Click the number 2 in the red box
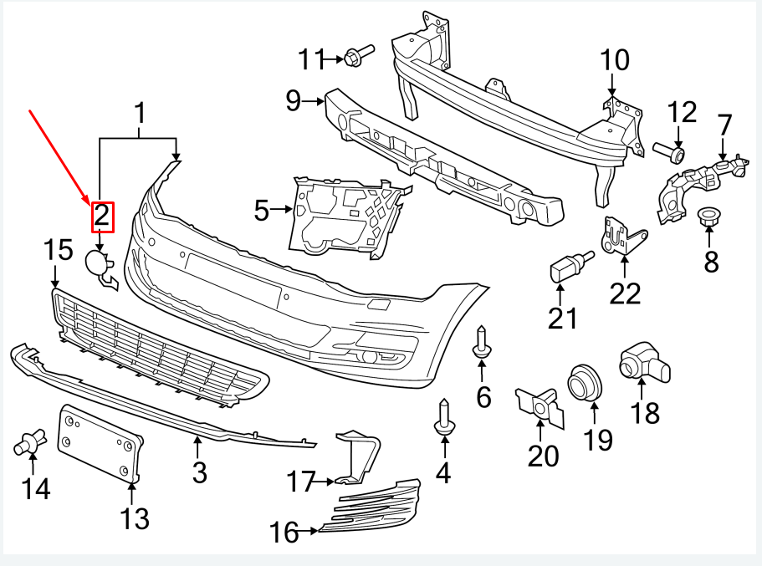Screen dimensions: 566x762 coord(101,216)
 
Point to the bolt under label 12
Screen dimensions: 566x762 coord(669,153)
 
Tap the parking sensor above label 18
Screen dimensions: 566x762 coord(640,361)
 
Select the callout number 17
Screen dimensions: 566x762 coord(300,482)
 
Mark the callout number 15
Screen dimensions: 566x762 coord(59,249)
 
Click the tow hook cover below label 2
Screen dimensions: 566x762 coord(101,268)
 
